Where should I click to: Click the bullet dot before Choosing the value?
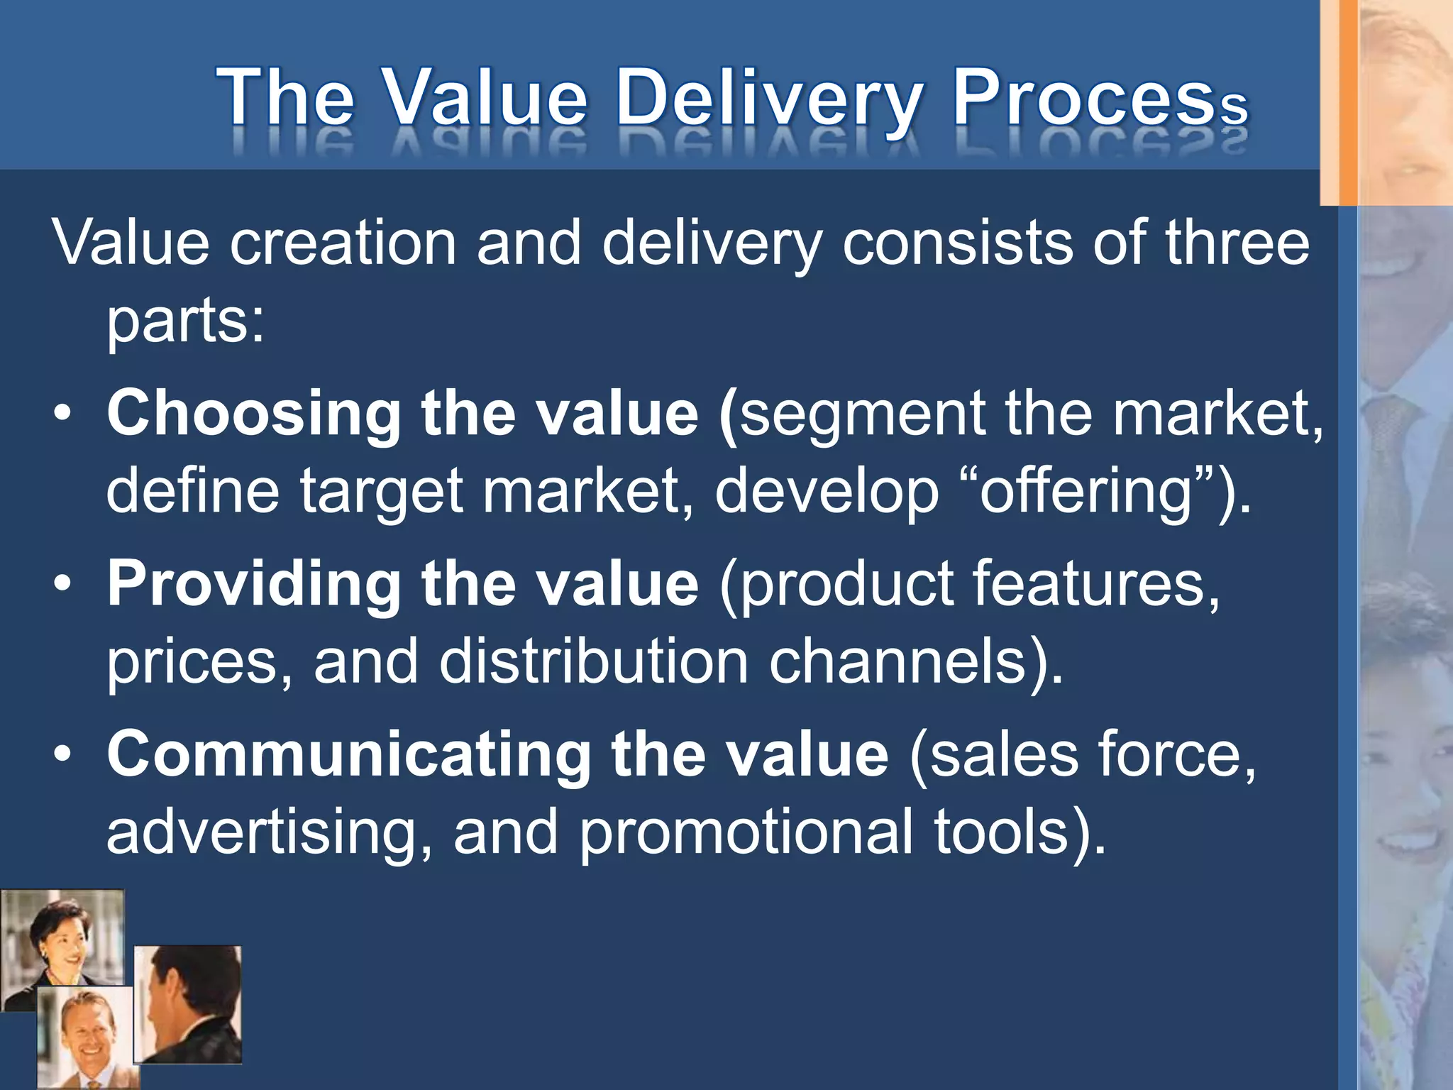point(62,415)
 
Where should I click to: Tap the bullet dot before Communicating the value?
point(62,756)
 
